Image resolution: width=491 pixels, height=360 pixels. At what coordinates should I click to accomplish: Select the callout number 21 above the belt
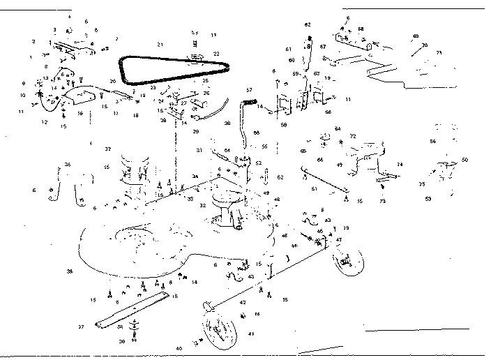point(160,45)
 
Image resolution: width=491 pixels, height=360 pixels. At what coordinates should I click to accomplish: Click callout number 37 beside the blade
point(82,327)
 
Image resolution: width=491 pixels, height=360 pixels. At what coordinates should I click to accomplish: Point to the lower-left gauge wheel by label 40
point(219,329)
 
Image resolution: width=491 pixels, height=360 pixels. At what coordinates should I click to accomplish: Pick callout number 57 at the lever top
point(249,90)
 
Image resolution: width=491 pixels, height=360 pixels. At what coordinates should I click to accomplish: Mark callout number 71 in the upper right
point(439,52)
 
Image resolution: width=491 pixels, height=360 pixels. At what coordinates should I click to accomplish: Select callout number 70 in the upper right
point(424,45)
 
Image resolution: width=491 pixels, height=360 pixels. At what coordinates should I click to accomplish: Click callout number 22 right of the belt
point(216,54)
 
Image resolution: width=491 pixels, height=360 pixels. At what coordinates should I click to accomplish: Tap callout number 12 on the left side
point(44,122)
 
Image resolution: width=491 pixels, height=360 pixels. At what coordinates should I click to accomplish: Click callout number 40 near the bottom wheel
point(179,347)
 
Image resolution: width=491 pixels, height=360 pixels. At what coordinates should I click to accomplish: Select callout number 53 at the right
point(428,199)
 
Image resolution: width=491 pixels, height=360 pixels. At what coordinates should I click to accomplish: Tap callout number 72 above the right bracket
point(353,135)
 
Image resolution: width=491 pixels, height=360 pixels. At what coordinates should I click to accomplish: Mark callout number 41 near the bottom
point(251,334)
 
